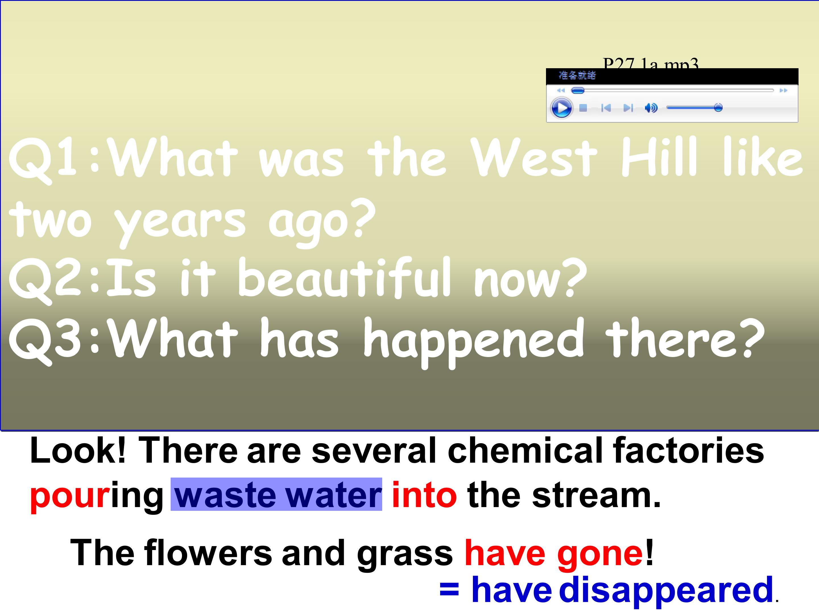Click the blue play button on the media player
point(561,108)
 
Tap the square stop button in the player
point(583,108)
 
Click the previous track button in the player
point(606,108)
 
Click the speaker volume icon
point(651,108)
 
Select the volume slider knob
point(718,108)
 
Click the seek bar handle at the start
point(578,91)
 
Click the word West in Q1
point(535,157)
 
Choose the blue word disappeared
point(666,590)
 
